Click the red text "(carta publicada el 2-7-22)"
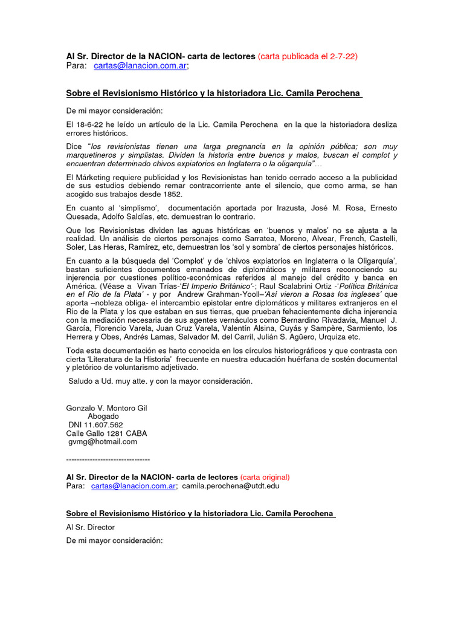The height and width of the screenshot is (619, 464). (x=308, y=56)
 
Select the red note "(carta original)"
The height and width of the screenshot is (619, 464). (x=265, y=477)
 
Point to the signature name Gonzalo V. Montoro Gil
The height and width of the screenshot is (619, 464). (x=106, y=408)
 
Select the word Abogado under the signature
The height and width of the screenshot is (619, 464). (x=103, y=416)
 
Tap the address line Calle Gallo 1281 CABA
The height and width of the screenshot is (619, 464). (x=106, y=433)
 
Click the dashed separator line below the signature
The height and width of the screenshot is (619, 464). (x=108, y=459)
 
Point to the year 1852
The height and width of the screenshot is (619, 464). (x=172, y=194)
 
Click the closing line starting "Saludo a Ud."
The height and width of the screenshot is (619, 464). (x=160, y=381)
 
